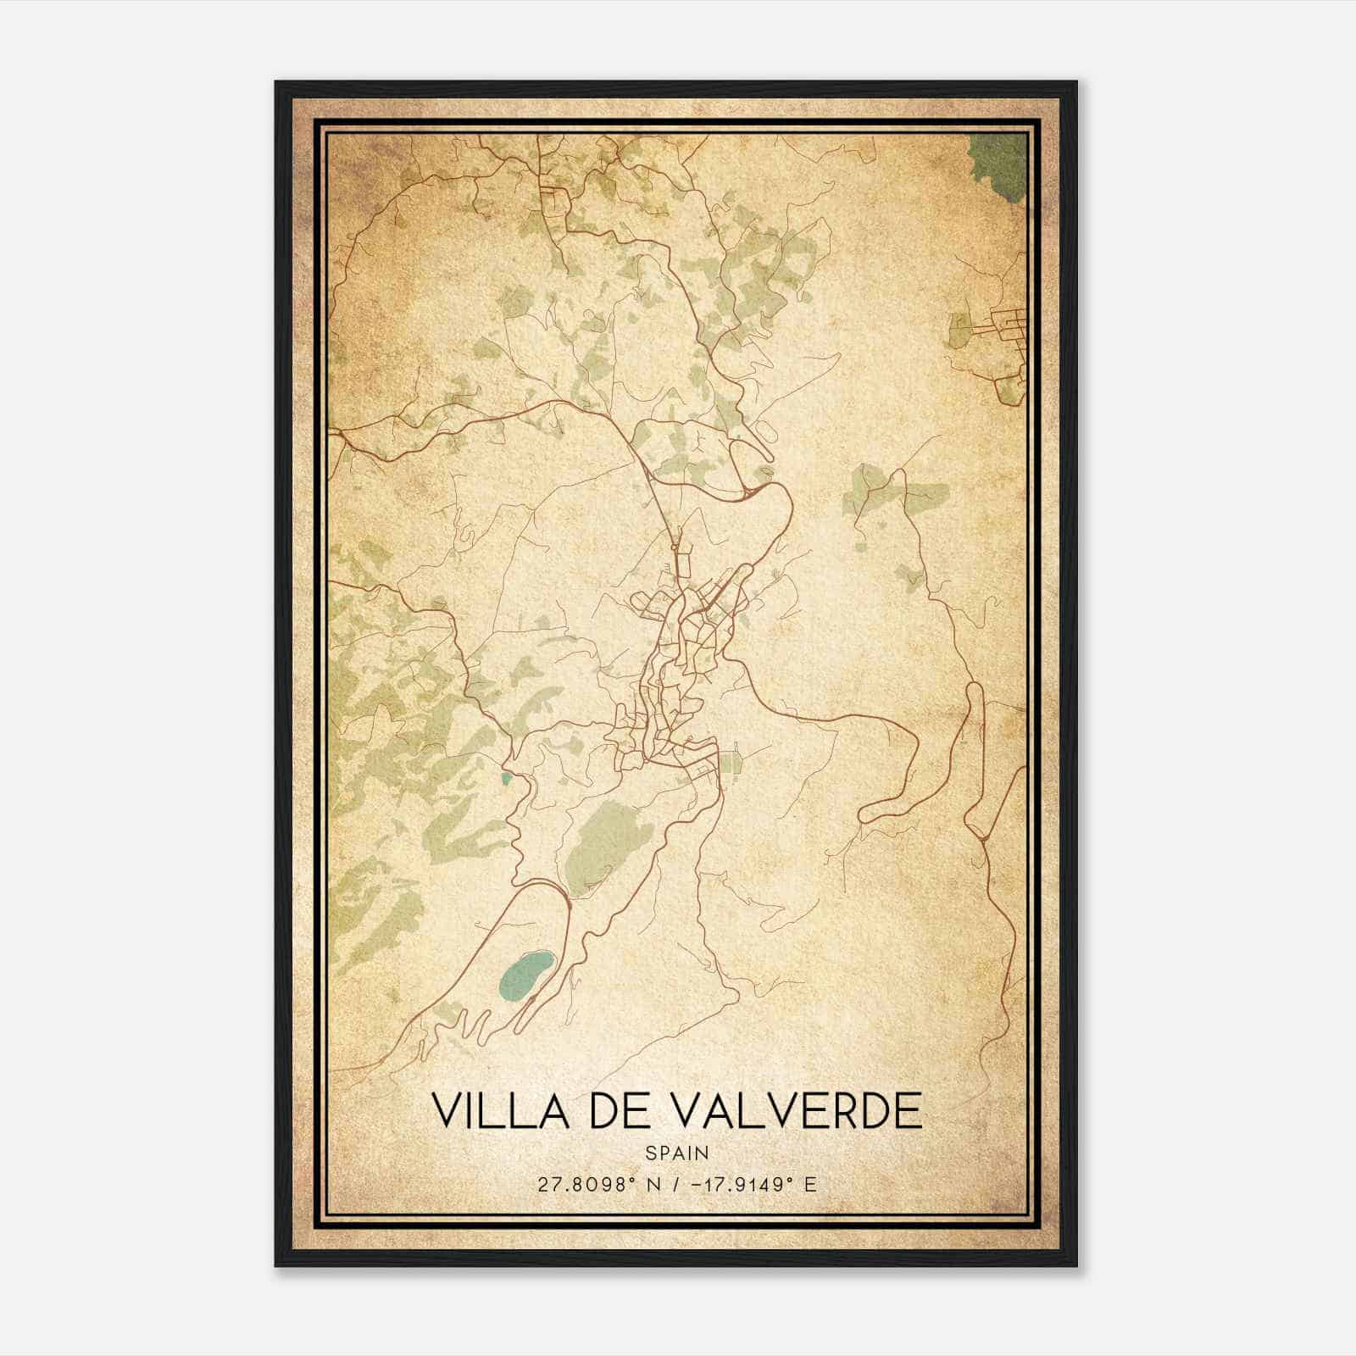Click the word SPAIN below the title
(677, 1153)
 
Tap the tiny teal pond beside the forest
(506, 776)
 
